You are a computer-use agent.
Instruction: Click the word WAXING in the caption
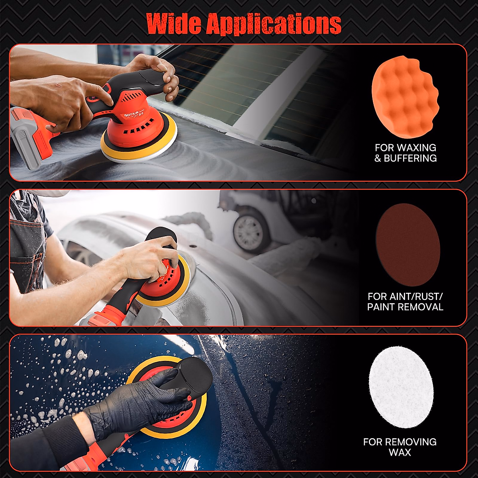[x=417, y=148]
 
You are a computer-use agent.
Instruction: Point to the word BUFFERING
[x=410, y=158]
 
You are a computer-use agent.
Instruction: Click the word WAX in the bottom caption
[x=400, y=453]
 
